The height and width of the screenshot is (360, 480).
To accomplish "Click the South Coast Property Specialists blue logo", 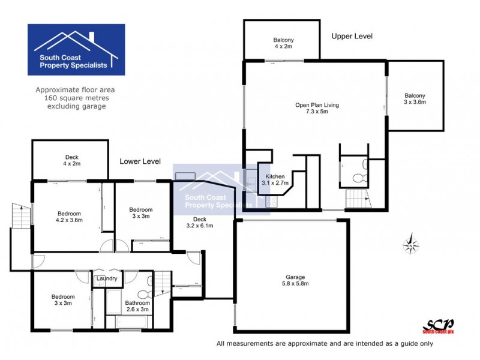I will [76, 50].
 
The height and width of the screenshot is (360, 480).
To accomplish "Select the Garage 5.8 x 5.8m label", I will [292, 281].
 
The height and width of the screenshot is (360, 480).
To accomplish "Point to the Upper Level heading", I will [352, 37].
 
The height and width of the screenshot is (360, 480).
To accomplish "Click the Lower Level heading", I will [140, 161].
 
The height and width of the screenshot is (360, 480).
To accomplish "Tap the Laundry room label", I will [107, 278].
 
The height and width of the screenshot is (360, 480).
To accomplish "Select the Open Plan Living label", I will [317, 109].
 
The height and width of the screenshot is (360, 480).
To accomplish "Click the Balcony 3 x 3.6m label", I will [414, 99].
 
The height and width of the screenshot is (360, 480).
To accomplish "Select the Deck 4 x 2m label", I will [67, 160].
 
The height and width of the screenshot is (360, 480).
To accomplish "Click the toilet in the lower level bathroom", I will [143, 294].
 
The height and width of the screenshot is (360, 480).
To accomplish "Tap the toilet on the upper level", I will [358, 178].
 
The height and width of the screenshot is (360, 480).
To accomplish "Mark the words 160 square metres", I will [75, 98].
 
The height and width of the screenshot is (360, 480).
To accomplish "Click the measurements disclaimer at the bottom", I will [324, 344].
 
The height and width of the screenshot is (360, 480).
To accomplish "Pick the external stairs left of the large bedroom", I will [19, 215].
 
